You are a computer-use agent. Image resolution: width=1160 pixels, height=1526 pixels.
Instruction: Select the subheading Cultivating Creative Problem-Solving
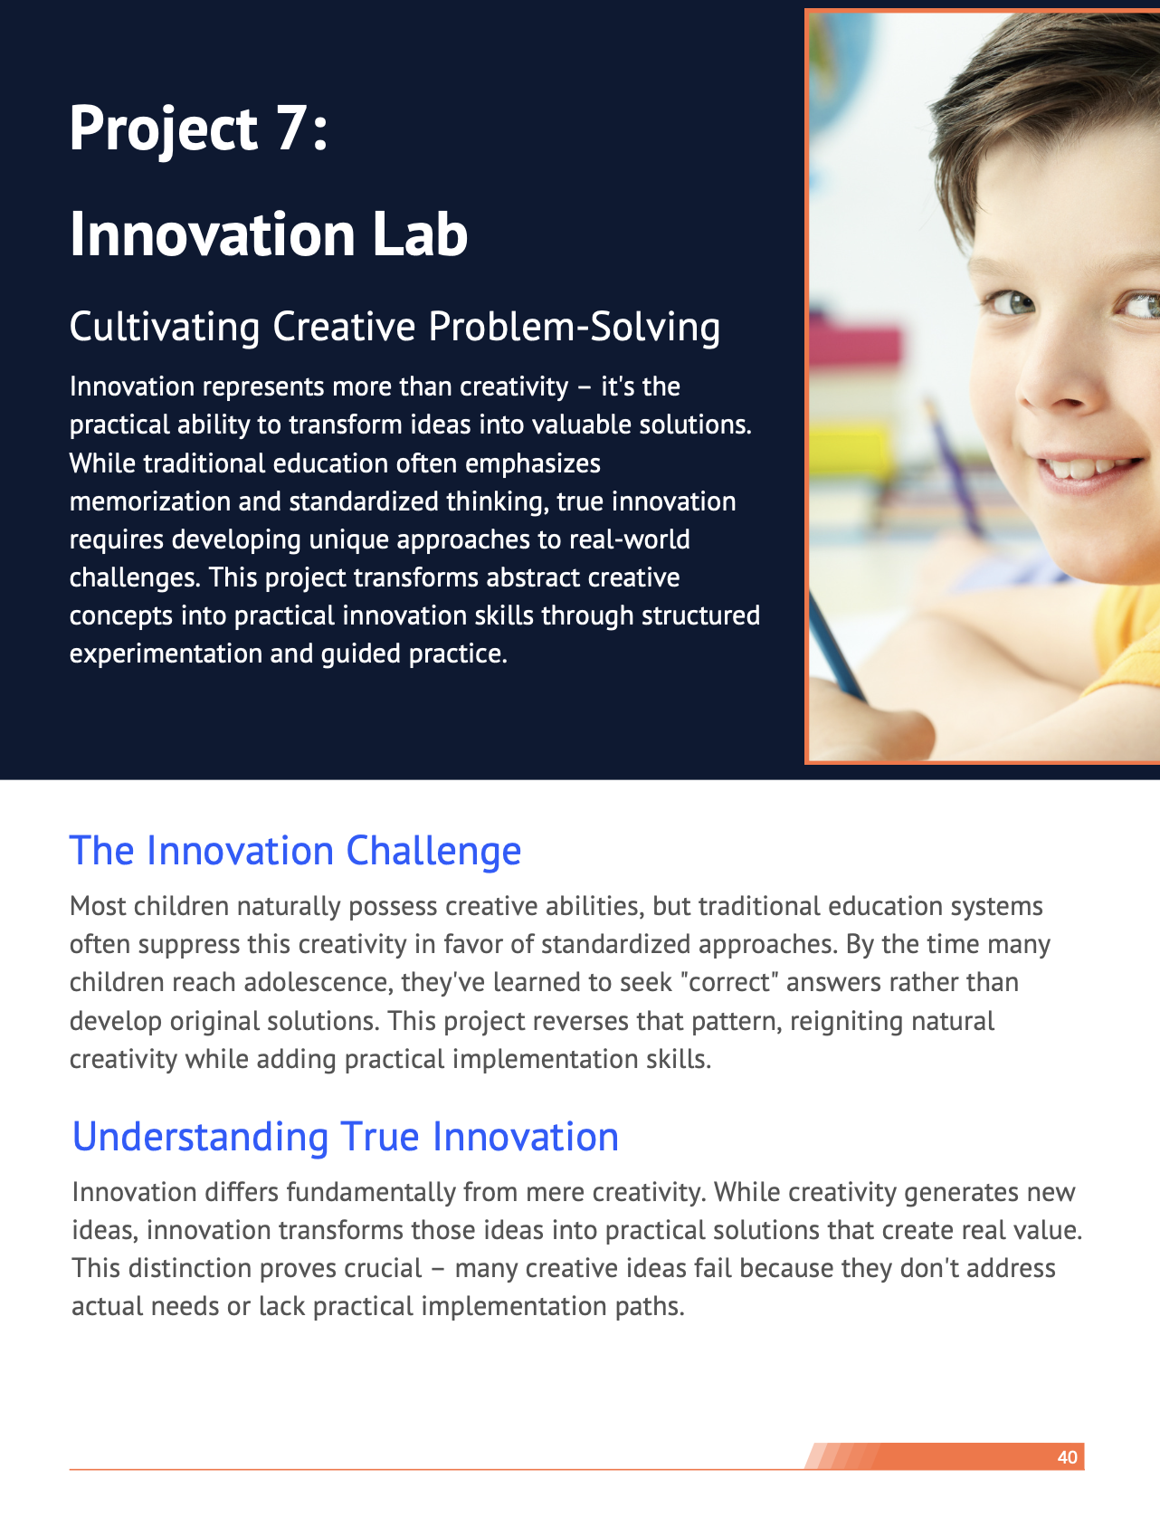[395, 327]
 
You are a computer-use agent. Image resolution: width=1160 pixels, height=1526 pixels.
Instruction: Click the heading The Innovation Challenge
[295, 851]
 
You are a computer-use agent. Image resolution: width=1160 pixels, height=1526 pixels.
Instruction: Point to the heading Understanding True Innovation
[346, 1138]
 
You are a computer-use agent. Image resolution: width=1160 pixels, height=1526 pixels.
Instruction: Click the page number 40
[1068, 1457]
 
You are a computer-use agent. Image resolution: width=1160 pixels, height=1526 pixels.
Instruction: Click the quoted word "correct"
[729, 983]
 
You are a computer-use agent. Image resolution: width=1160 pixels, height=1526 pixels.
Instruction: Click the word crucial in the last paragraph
[383, 1268]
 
